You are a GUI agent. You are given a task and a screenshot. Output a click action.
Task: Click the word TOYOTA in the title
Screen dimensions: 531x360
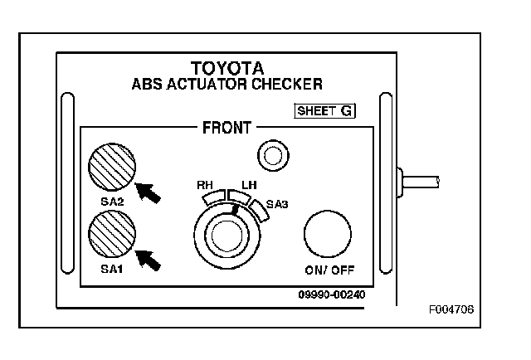click(227, 68)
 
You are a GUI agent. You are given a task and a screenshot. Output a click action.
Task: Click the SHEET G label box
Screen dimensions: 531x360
click(324, 111)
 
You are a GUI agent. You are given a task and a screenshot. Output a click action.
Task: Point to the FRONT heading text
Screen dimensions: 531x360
click(227, 128)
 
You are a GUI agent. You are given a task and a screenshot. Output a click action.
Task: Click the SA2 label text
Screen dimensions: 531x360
click(113, 202)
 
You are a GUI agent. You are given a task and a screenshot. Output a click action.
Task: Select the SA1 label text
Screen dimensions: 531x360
click(112, 269)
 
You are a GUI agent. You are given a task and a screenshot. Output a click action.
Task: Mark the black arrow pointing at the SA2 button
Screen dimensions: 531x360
click(148, 192)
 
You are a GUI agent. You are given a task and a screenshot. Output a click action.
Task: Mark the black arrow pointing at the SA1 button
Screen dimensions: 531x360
click(148, 260)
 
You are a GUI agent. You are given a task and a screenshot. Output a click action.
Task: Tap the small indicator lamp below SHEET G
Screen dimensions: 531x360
click(273, 156)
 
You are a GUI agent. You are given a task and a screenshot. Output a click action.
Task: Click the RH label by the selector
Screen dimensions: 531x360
click(205, 185)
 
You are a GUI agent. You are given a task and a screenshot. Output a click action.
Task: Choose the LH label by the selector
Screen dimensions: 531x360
click(249, 185)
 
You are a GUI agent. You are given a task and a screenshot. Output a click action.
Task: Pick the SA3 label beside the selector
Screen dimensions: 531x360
click(277, 204)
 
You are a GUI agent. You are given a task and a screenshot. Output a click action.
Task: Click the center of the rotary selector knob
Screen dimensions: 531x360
click(227, 235)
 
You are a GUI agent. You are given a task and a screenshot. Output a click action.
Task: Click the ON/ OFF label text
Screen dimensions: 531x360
click(329, 270)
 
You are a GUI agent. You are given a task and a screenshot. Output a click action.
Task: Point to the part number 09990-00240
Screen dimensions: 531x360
click(332, 294)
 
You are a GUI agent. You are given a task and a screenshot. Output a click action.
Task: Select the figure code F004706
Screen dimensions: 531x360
click(451, 309)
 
